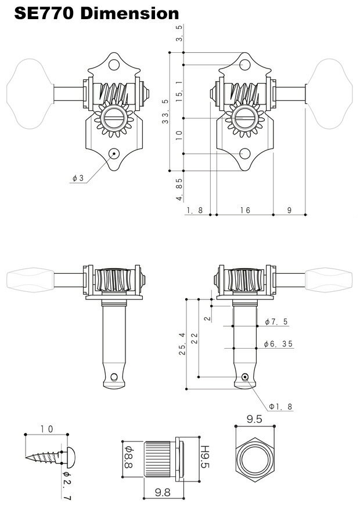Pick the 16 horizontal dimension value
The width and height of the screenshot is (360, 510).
[244, 210]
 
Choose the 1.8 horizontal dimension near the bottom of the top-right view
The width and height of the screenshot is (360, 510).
[195, 210]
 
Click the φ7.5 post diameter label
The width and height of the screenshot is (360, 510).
[276, 321]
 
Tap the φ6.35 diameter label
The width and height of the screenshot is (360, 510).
[278, 343]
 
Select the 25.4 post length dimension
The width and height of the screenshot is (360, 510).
[182, 343]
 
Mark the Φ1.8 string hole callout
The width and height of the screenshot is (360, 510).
[281, 406]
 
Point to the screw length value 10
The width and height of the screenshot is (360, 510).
[46, 429]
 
